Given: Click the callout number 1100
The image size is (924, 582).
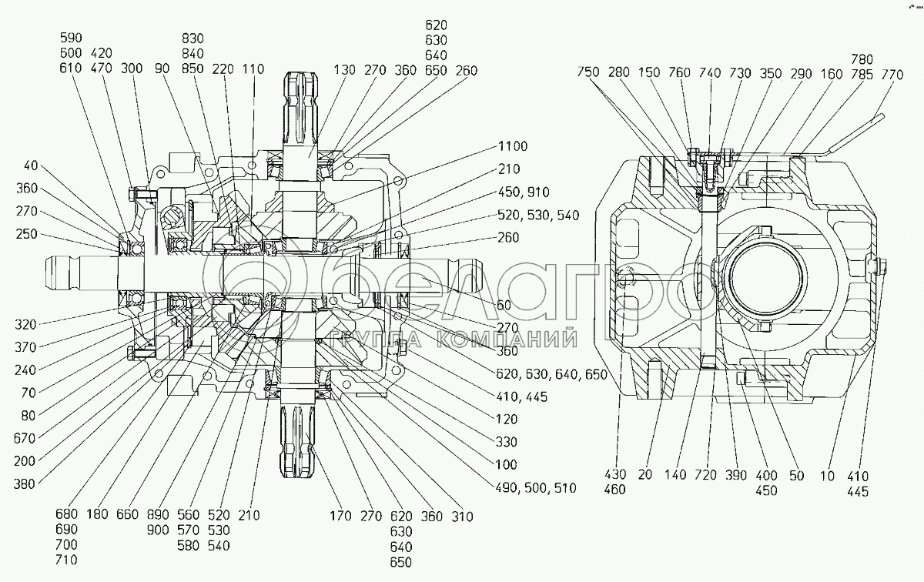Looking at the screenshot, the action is coord(513,146).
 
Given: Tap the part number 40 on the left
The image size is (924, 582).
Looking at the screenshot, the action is coord(31,166).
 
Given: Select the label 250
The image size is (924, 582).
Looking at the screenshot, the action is coord(27,234).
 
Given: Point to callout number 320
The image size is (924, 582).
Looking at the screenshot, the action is coord(25,325).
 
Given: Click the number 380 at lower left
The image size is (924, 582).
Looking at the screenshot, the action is coord(24,483).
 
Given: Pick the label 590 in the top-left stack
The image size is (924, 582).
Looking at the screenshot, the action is coord(71,38).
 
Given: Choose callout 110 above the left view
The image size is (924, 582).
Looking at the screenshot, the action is coord(253,69).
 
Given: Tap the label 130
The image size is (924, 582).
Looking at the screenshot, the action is coord(344,70).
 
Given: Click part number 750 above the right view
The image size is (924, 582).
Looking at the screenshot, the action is coord(588,72).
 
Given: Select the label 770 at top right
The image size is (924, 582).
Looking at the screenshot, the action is coord(892,75).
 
